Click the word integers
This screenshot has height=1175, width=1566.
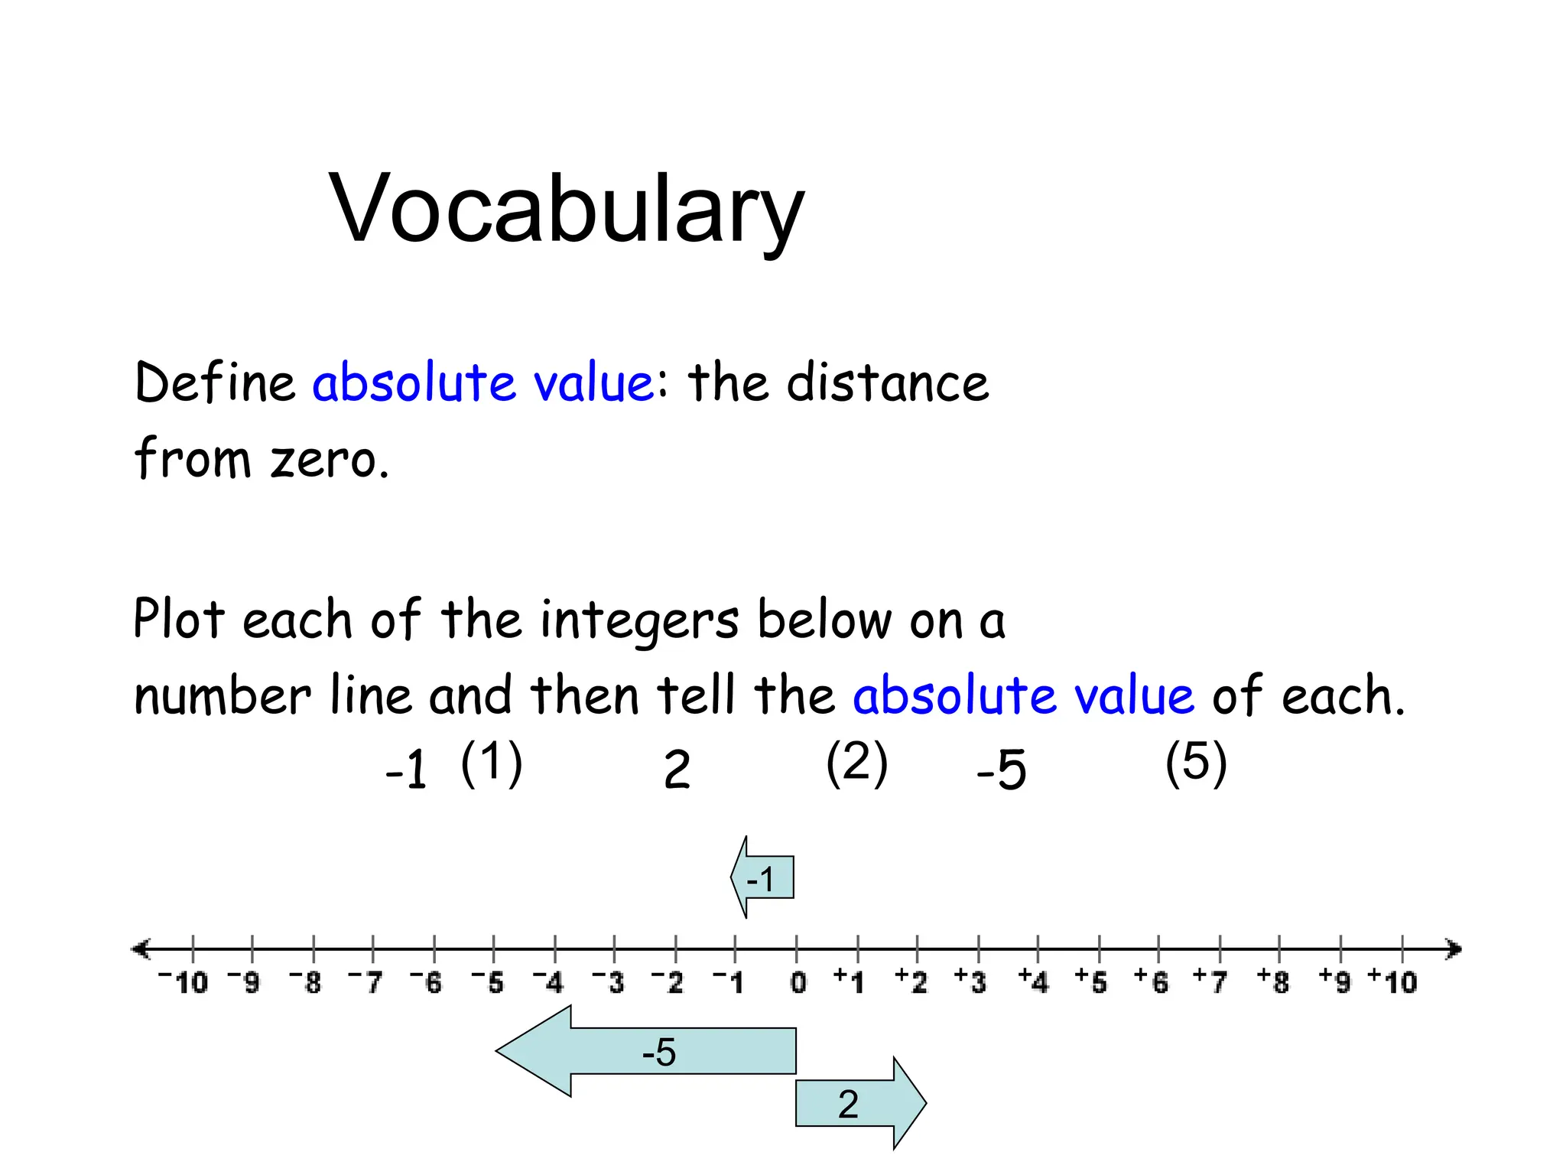point(639,620)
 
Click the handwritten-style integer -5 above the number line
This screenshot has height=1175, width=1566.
point(1002,770)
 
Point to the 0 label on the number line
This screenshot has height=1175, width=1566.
point(798,982)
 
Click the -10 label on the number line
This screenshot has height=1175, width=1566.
point(184,981)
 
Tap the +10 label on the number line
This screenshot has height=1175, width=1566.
point(1392,981)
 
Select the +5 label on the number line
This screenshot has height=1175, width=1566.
point(1091,981)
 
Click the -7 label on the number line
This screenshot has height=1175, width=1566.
point(366,981)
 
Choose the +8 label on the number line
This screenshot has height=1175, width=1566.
point(1273,981)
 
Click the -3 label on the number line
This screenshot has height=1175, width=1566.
point(609,981)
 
